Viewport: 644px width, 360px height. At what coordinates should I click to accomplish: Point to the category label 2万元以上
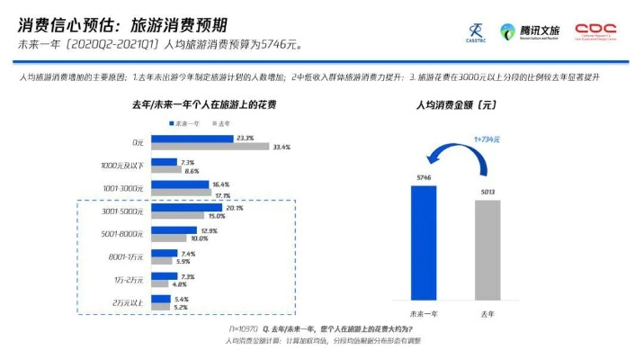[x=128, y=302]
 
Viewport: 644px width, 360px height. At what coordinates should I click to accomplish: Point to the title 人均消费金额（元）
[x=456, y=105]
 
